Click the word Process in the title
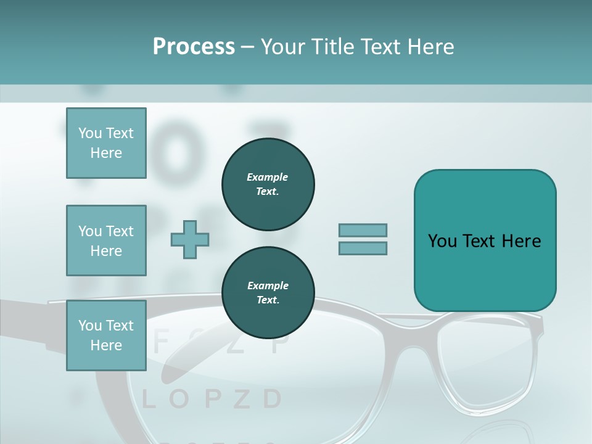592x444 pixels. [194, 46]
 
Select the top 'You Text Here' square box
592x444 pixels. [106, 143]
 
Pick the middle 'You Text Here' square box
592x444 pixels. [106, 240]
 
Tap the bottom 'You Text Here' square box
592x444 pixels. [106, 335]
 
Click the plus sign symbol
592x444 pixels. [190, 239]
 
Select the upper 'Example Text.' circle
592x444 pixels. [268, 184]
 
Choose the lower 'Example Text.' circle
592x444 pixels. [268, 293]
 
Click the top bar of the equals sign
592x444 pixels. [363, 230]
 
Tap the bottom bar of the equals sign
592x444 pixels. [363, 248]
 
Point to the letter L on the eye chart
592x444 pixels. [148, 400]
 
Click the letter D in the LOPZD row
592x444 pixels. [272, 400]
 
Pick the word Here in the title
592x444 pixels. [430, 46]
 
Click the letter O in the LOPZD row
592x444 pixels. [179, 400]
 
